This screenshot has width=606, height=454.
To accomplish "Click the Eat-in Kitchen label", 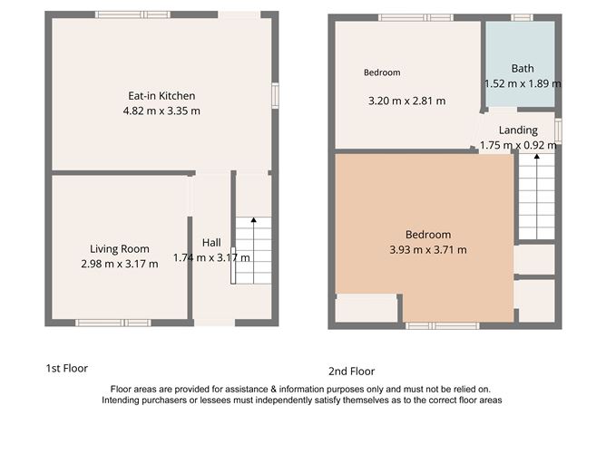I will click(161, 96).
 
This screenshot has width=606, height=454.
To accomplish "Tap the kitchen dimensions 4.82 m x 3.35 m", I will click(161, 111).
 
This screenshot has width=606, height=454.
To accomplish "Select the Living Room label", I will click(119, 249).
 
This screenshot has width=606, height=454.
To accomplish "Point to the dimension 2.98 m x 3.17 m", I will click(119, 264).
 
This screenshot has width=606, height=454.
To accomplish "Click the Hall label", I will click(211, 243).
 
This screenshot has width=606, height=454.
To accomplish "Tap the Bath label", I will click(523, 69).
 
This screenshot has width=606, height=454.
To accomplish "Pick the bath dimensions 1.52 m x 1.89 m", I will click(523, 83).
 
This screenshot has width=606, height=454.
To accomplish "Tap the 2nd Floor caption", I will click(351, 371).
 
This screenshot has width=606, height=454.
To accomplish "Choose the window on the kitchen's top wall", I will click(132, 14).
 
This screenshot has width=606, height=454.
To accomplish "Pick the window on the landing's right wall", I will click(558, 130).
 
